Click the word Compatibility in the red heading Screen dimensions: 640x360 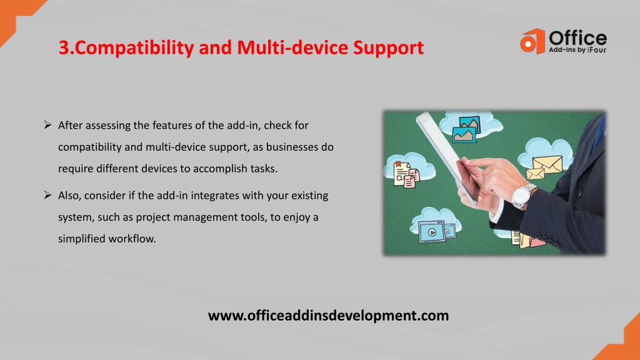point(134,47)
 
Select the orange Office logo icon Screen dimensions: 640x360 point(532,41)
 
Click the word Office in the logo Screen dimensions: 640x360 point(577,38)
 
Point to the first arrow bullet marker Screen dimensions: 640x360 point(47,125)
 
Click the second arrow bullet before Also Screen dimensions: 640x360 point(47,195)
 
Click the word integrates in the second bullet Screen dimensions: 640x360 point(215,196)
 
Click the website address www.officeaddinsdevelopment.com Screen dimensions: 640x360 point(328,316)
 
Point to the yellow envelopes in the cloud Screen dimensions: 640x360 point(544,167)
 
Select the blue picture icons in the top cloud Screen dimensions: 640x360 point(466,129)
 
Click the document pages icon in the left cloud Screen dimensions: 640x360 point(406,174)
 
